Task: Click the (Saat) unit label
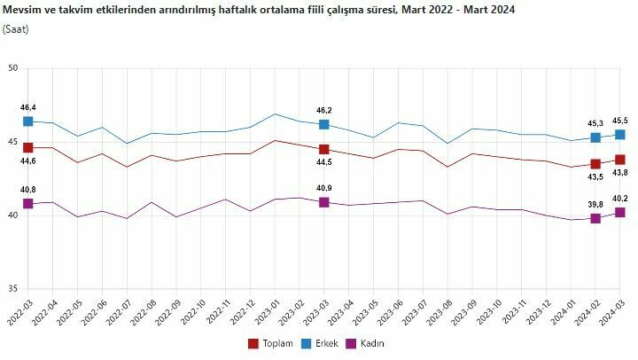coord(15,29)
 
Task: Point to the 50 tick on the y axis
coord(12,68)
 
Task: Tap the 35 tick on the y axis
coord(12,289)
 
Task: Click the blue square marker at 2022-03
coord(27,121)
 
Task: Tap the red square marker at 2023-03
coord(324,150)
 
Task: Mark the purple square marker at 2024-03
coord(620,212)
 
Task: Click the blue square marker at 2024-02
coord(595,137)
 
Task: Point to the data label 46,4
coord(28,106)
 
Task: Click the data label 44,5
coord(323,163)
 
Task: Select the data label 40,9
coord(323,188)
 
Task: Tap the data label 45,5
coord(619,120)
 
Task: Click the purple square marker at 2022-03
coord(27,203)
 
